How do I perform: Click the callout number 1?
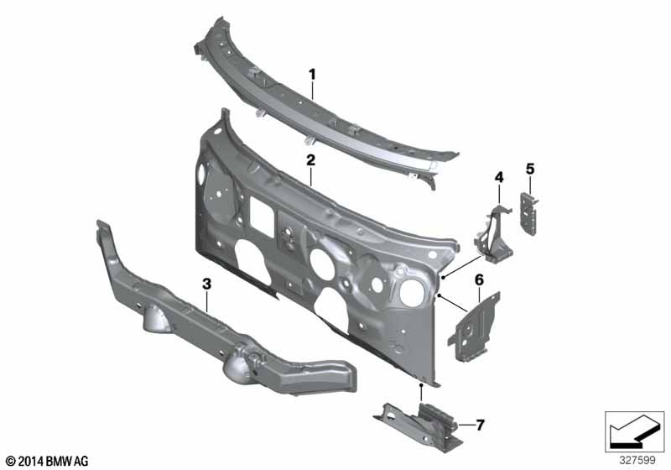[312, 74]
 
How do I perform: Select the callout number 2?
[310, 160]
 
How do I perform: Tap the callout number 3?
[206, 284]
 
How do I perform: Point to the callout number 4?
[499, 177]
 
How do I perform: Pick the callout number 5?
[530, 169]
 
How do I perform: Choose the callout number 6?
[479, 280]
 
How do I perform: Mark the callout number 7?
[480, 425]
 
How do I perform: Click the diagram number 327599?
[637, 461]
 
